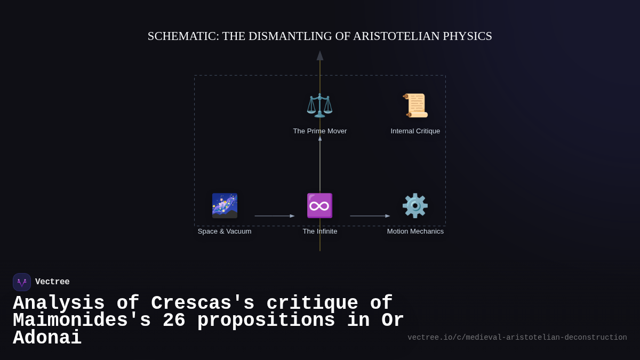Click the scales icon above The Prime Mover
[319, 105]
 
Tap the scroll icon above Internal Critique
[415, 105]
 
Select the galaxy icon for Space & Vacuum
[225, 205]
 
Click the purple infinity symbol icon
[319, 205]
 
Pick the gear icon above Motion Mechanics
[415, 205]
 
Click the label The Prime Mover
[319, 131]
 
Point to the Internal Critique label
[415, 131]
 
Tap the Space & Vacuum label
[225, 231]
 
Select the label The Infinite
[319, 231]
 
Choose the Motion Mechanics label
[415, 231]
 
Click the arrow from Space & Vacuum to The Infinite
[274, 216]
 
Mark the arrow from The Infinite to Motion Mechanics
[370, 216]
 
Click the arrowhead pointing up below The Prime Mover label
[320, 138]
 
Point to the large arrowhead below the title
[320, 55]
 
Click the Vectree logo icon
[22, 282]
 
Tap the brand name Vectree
[52, 282]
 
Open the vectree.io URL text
[517, 338]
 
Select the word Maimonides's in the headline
[82, 321]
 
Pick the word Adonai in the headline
[47, 338]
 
